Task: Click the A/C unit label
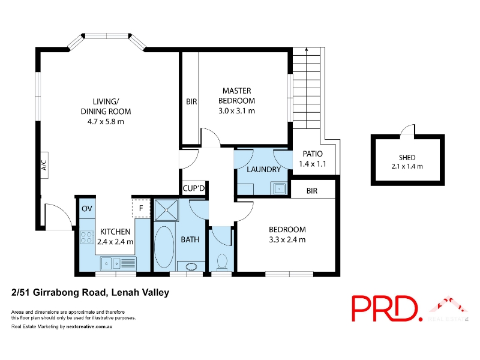click(x=44, y=166)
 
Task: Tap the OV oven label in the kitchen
click(x=87, y=208)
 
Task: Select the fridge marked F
click(x=141, y=208)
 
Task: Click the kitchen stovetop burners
click(x=86, y=237)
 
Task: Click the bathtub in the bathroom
click(x=164, y=247)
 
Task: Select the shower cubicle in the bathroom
click(x=166, y=210)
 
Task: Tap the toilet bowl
click(x=221, y=263)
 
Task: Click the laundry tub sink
click(x=279, y=188)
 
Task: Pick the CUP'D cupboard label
click(x=193, y=188)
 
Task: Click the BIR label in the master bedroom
click(x=191, y=101)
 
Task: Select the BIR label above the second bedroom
click(x=312, y=191)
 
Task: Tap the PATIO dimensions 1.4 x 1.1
click(x=313, y=164)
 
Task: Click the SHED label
click(x=407, y=158)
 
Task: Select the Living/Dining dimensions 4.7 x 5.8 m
click(x=106, y=122)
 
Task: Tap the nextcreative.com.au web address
click(x=89, y=326)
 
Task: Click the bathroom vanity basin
click(x=191, y=266)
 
